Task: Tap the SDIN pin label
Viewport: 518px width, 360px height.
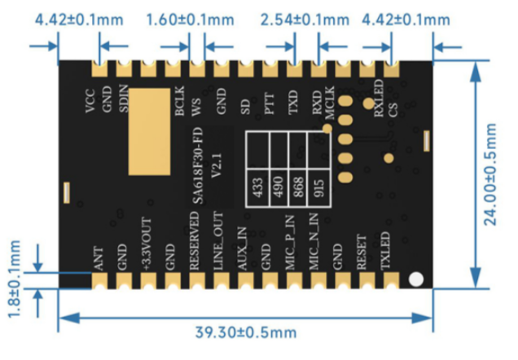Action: click(124, 103)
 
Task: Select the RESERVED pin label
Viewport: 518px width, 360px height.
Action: click(194, 240)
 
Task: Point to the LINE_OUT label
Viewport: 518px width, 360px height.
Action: click(217, 242)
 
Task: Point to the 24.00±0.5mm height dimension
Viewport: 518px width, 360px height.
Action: click(489, 174)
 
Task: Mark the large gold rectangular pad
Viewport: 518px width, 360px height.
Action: click(151, 130)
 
